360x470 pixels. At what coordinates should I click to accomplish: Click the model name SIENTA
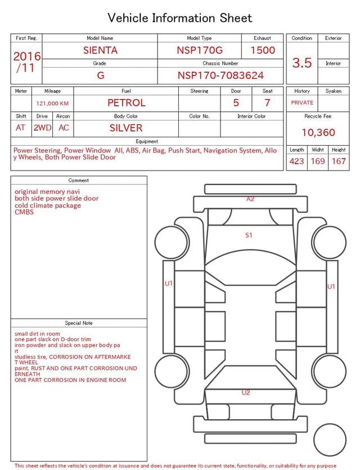(x=100, y=50)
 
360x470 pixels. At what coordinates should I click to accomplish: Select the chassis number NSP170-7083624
(x=220, y=75)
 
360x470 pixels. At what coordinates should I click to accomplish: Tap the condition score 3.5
(x=302, y=62)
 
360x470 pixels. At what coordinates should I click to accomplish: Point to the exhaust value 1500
(x=263, y=50)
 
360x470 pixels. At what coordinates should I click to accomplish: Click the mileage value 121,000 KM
(x=52, y=104)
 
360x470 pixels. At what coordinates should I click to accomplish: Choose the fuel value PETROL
(x=127, y=103)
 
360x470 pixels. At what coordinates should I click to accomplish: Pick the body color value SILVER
(x=126, y=128)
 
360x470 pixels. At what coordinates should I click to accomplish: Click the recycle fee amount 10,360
(x=318, y=132)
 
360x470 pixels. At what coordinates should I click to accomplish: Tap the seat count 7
(x=267, y=103)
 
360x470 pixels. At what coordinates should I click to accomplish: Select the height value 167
(x=339, y=161)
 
